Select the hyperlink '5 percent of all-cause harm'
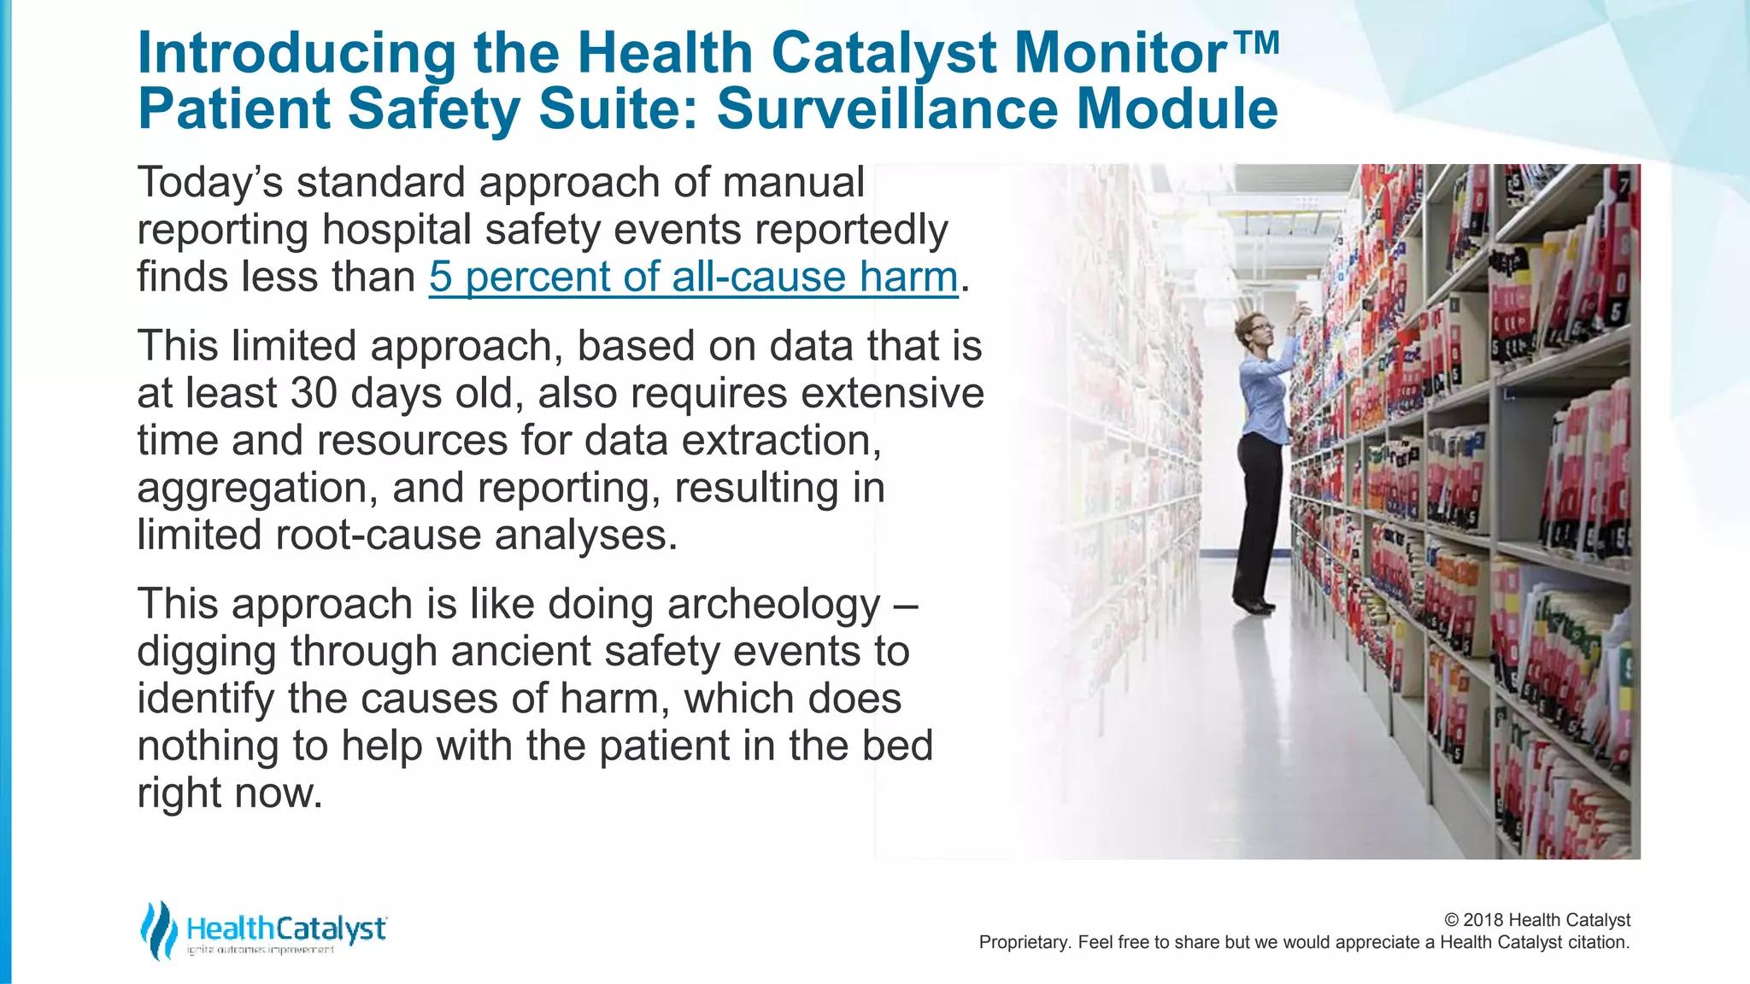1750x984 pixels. [693, 277]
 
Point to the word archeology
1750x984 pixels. [773, 604]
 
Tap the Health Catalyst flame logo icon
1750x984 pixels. [159, 930]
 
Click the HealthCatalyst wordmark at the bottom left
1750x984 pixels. [286, 928]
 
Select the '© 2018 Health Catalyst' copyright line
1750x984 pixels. [1536, 920]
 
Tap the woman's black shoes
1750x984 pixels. [1254, 604]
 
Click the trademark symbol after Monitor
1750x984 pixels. [1256, 41]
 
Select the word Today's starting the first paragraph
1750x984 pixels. [210, 183]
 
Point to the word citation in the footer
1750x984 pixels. [1598, 942]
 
